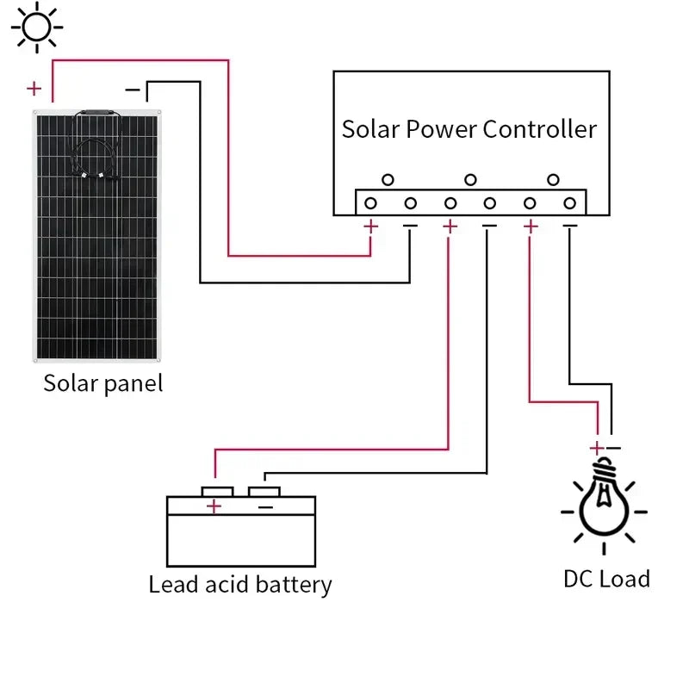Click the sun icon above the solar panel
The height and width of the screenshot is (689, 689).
click(x=37, y=27)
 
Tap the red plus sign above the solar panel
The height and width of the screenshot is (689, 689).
click(x=34, y=88)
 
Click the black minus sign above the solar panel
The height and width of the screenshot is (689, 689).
click(x=133, y=89)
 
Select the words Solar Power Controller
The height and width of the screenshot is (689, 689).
click(x=469, y=129)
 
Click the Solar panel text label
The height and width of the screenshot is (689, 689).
click(x=102, y=383)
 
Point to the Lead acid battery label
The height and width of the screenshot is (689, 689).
click(x=239, y=585)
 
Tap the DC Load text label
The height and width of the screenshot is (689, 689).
click(x=606, y=579)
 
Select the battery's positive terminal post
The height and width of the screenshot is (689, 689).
click(x=217, y=490)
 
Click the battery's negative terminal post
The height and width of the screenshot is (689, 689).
click(x=264, y=490)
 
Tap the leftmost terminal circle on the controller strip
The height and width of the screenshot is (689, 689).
click(x=370, y=203)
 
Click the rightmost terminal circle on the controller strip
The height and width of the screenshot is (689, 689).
click(x=569, y=203)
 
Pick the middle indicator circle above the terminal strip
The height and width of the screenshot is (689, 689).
click(x=470, y=179)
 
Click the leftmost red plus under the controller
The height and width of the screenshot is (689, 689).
click(x=370, y=227)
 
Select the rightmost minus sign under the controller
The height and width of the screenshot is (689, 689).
click(x=569, y=227)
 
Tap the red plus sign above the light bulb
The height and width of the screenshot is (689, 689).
click(x=596, y=448)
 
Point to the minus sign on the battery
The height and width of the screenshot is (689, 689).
click(x=265, y=506)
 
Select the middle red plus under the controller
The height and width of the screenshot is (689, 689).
click(x=449, y=227)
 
